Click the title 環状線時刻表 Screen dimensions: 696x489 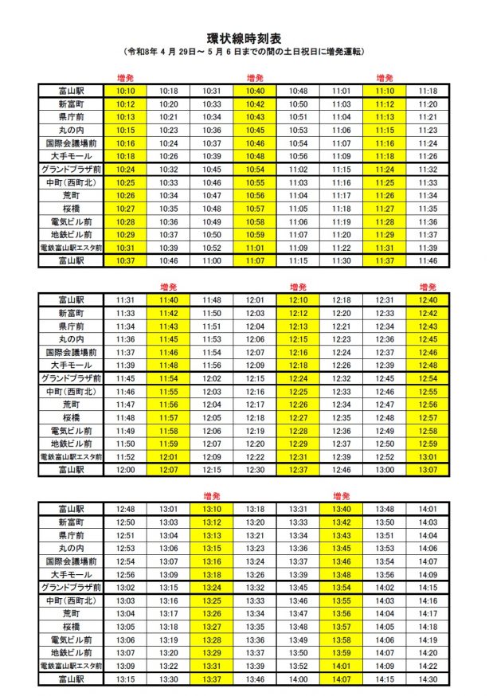coord(244,37)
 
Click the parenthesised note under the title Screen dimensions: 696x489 coord(244,51)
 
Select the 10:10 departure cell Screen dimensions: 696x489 coord(125,92)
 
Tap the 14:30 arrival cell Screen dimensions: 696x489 coord(428,679)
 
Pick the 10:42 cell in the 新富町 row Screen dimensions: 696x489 coord(256,104)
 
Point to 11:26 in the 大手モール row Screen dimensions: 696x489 coord(428,156)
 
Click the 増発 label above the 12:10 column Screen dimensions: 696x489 coord(299,287)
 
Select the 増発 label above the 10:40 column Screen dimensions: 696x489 coord(256,78)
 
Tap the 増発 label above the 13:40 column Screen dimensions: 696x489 coord(341,495)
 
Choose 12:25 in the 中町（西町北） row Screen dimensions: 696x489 coord(299,392)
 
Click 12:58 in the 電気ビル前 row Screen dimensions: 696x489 coord(428,431)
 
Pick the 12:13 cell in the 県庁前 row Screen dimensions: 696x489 coord(299,326)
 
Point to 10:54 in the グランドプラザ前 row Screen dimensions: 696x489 coord(256,170)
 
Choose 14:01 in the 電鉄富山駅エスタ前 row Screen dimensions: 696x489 coord(341,666)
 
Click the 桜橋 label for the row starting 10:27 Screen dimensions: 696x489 coord(71,209)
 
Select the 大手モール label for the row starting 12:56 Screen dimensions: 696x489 coord(71,574)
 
